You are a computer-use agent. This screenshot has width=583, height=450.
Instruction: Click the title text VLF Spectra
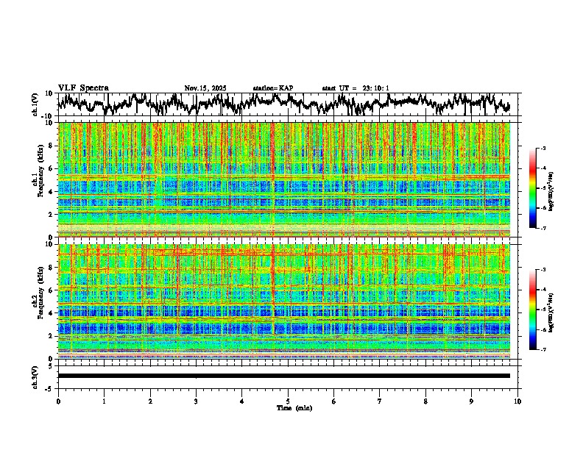coord(83,88)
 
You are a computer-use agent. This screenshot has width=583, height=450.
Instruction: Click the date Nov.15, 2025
coord(205,88)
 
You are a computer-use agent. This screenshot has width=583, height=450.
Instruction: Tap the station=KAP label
coord(273,88)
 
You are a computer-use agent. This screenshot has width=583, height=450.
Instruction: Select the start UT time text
coord(356,88)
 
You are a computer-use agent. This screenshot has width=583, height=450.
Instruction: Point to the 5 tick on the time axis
coord(288,401)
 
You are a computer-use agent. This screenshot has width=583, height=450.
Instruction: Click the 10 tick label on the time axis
coord(517,401)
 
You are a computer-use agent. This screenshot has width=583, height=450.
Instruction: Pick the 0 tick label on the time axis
coord(58,401)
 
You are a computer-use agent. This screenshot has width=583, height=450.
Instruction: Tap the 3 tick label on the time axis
coord(196,401)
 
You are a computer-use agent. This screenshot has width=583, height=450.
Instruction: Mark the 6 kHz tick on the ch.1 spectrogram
coord(52,168)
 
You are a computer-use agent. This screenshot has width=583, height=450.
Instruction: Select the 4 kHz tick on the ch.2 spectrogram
coord(52,312)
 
